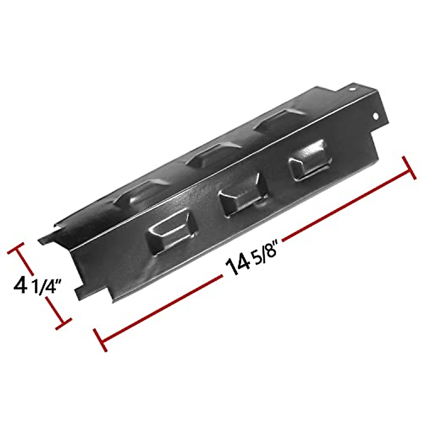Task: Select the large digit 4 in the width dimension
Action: point(21,284)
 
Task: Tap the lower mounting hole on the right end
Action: point(376,125)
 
